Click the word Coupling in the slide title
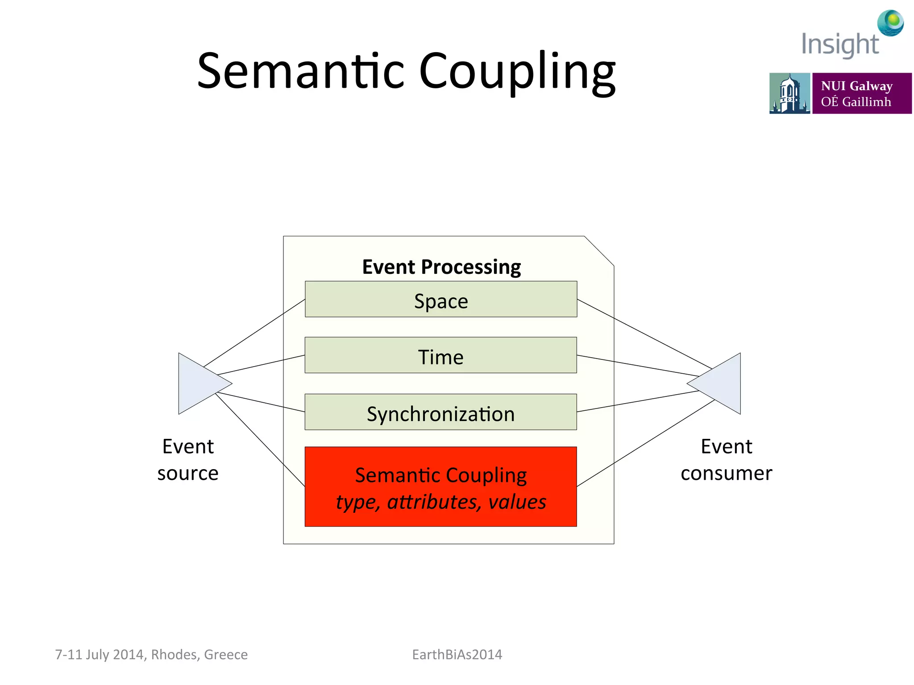[x=518, y=71]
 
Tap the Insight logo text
[x=839, y=45]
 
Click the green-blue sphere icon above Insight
[x=890, y=23]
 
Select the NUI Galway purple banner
[x=861, y=93]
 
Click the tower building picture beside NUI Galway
[x=789, y=93]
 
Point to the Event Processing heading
[x=441, y=267]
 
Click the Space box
[x=441, y=299]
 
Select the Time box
[x=441, y=355]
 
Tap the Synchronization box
[x=441, y=412]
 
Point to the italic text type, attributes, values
[x=441, y=502]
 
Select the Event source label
[x=188, y=459]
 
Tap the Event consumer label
[x=726, y=459]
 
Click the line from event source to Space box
[x=254, y=333]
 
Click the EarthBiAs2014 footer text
[x=457, y=654]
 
